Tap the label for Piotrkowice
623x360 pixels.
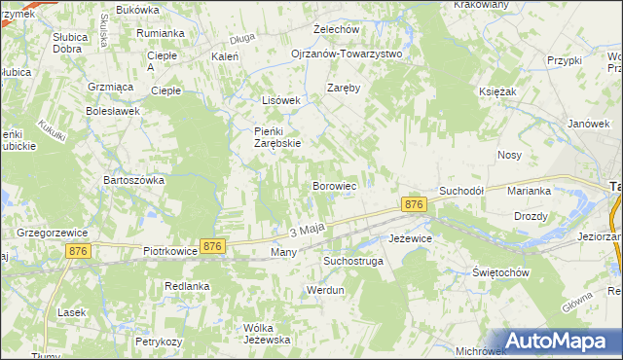pos(170,250)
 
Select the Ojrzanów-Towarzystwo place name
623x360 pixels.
pos(347,54)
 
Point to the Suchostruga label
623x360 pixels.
pos(353,262)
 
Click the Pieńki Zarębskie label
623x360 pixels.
pos(276,137)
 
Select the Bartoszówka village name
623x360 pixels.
pos(134,180)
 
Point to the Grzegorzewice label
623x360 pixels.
pos(54,234)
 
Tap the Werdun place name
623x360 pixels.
pos(326,291)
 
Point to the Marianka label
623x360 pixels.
pos(529,191)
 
